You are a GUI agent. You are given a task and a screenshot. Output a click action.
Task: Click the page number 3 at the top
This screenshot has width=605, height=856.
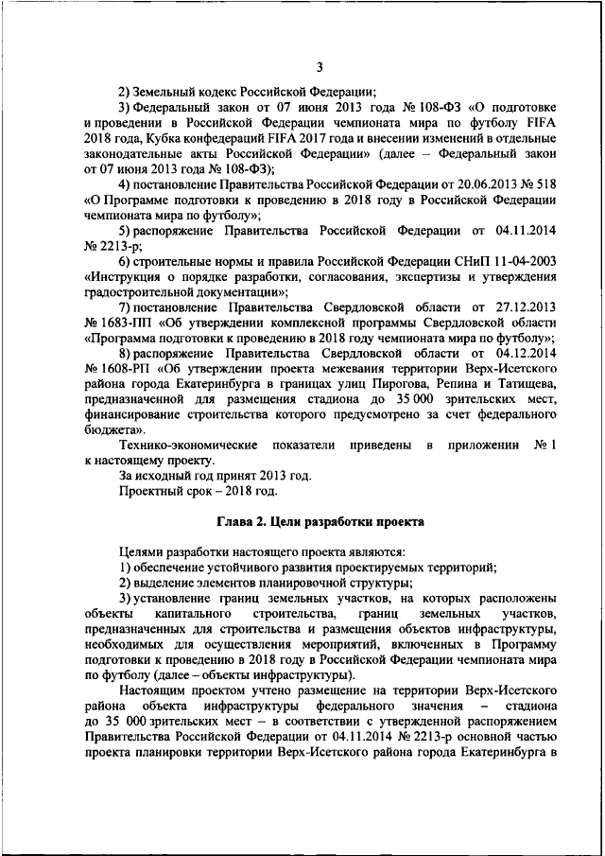click(320, 66)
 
